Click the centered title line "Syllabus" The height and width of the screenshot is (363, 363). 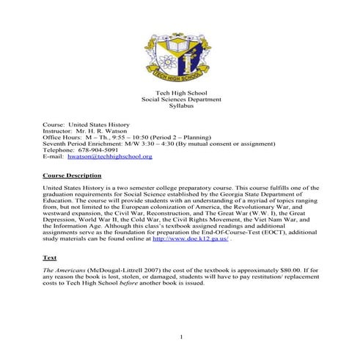coord(180,106)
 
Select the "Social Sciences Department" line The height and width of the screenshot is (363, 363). coord(180,98)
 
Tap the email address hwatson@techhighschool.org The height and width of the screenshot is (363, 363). coord(109,156)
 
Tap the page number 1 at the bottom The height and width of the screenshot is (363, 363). coord(181,337)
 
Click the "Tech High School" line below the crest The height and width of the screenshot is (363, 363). coord(180,91)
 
